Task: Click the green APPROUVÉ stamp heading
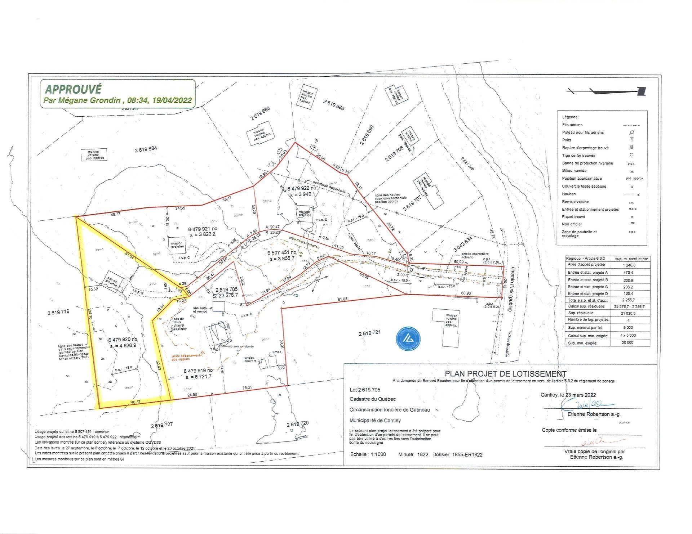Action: click(x=74, y=89)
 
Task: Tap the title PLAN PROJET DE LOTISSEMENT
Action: click(x=505, y=374)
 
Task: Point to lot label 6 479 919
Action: click(x=198, y=371)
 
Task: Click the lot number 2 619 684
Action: click(x=146, y=149)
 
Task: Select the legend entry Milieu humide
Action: click(x=574, y=171)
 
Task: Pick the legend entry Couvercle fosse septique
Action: click(x=584, y=186)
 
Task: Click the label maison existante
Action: click(x=240, y=346)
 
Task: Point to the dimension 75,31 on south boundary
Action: click(x=247, y=388)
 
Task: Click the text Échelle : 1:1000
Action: click(x=368, y=454)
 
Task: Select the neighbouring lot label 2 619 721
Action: click(x=369, y=333)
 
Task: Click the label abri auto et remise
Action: click(x=200, y=310)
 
